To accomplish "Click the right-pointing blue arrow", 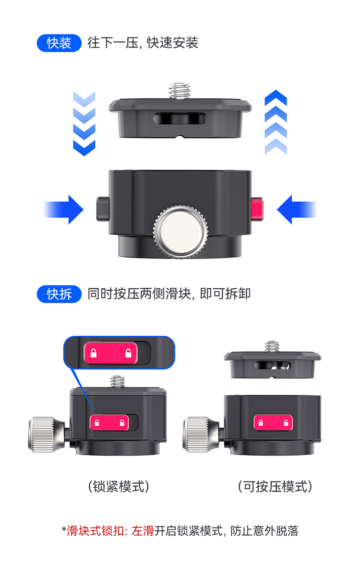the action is pos(65,210).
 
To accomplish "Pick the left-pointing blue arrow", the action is pos(296,210).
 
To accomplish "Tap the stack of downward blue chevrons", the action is pos(84,123).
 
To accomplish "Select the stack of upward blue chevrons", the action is pos(276,122).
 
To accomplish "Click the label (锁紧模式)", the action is pos(119,487).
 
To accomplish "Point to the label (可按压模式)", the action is pos(275,487).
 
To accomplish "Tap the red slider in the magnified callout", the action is pos(110,354).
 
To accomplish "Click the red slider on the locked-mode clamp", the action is pos(109,423).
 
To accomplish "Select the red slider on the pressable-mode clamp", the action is pos(273,423).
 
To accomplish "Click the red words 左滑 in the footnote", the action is pos(143,530).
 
